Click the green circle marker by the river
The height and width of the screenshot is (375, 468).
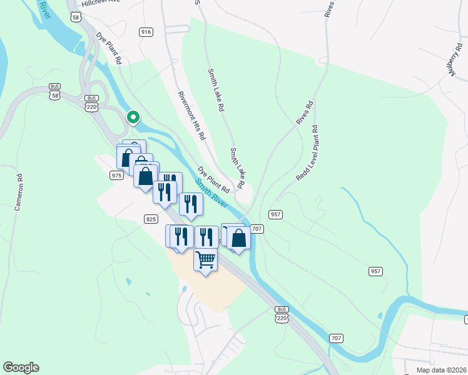(133, 117)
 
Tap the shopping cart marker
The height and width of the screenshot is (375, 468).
(205, 259)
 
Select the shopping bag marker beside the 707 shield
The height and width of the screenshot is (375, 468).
(238, 237)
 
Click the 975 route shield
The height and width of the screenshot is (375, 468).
(116, 176)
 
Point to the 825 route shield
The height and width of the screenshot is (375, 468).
(151, 219)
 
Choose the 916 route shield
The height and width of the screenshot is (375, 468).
(146, 32)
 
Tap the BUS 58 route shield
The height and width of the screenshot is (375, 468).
(55, 92)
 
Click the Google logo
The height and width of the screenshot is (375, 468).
(21, 367)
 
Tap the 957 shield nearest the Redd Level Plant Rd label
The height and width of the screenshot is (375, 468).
(276, 214)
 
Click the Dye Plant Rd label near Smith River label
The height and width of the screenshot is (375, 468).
(214, 179)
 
